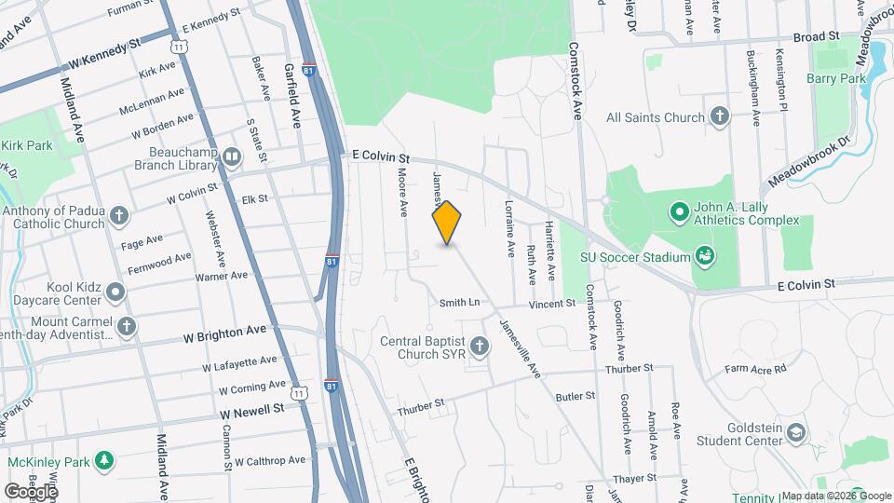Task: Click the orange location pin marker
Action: (x=447, y=223)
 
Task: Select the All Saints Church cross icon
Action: (x=719, y=117)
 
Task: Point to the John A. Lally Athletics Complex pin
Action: (x=680, y=212)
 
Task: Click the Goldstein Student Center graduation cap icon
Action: (x=796, y=432)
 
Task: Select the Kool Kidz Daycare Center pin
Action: (x=115, y=292)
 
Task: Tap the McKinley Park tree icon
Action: (x=105, y=460)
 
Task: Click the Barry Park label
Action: (x=836, y=79)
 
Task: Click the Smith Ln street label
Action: (x=459, y=303)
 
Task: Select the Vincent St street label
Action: (x=552, y=304)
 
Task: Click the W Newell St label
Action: (x=252, y=410)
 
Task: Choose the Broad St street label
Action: (x=816, y=36)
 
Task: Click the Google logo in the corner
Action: (x=30, y=491)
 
